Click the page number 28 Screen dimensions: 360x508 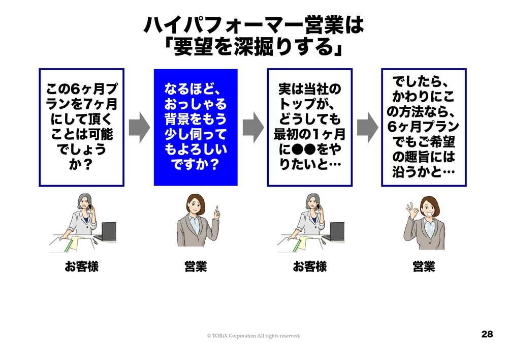click(487, 334)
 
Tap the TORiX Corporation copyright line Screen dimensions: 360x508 click(253, 336)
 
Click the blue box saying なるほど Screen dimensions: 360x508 click(196, 127)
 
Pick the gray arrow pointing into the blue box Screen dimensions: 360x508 click(139, 127)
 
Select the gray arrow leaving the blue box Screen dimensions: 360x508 click(252, 127)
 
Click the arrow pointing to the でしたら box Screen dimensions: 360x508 click(367, 127)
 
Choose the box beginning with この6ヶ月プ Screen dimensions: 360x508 click(82, 127)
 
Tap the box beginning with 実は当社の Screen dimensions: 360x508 click(309, 127)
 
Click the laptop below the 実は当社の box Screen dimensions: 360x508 click(336, 231)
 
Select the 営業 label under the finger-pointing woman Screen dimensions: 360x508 click(196, 266)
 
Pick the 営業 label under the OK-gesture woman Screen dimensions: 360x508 click(423, 266)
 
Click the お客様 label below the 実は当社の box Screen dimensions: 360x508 click(309, 266)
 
